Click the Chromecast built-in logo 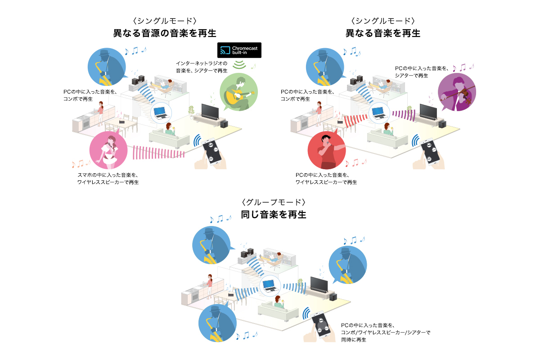(x=239, y=50)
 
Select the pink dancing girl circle (x=108, y=152)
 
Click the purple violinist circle (x=456, y=92)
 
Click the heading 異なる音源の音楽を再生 (x=165, y=33)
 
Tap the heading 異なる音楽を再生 (x=382, y=33)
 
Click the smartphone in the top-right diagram (x=430, y=151)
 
